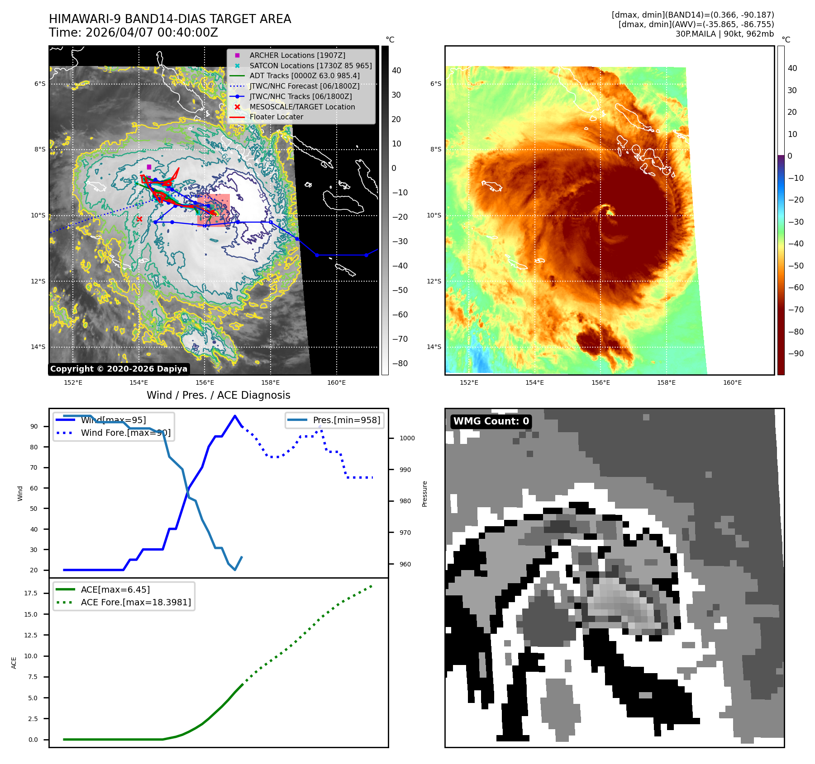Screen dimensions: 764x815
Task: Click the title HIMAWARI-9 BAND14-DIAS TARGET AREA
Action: click(170, 19)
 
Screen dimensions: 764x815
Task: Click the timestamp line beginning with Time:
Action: click(133, 33)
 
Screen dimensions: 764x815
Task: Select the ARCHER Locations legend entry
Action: click(297, 55)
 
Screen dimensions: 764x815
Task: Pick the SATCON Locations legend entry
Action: click(310, 66)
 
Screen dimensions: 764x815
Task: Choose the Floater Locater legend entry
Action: click(276, 117)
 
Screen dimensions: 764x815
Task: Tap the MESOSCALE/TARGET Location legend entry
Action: click(302, 107)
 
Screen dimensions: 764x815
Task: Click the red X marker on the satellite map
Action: click(139, 219)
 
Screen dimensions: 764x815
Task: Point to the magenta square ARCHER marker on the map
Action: click(149, 167)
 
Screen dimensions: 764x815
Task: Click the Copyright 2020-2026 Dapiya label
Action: click(119, 369)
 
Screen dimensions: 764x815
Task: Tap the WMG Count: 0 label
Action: click(491, 421)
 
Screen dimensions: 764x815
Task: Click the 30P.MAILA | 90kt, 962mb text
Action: click(724, 34)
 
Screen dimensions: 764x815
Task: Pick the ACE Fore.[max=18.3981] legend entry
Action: click(136, 602)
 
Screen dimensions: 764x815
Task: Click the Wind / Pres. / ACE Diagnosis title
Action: click(218, 395)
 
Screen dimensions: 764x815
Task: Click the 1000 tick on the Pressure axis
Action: click(407, 438)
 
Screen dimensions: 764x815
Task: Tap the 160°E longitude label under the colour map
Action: click(732, 382)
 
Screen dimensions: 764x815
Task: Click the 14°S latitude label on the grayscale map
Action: click(38, 347)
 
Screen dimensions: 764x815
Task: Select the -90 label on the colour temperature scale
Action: click(796, 354)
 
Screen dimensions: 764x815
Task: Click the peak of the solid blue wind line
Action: click(234, 416)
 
